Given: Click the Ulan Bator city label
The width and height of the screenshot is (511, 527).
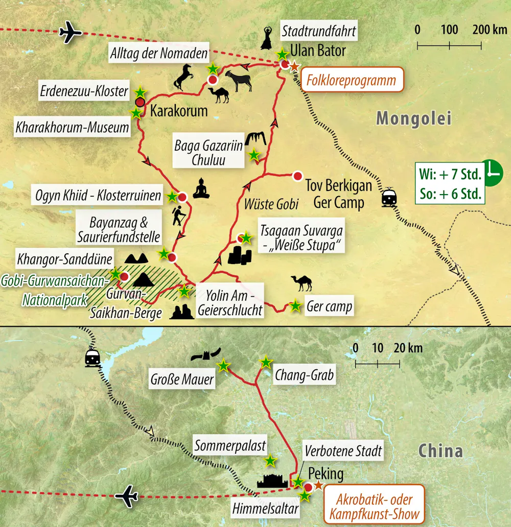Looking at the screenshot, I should pos(318,51).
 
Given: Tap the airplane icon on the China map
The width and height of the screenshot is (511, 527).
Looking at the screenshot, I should pos(126,495).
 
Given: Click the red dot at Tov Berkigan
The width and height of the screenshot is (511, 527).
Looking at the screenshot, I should pos(297,176).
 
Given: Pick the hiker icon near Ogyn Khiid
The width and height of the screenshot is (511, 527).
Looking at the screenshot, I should pos(178,216).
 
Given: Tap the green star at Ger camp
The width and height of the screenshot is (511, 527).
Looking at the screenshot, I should pos(295,306).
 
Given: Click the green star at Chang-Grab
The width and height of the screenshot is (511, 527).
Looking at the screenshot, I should pos(266,363).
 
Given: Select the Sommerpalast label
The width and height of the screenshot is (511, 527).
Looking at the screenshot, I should pos(230,446).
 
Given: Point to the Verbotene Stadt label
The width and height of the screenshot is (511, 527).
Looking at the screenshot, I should pos(343,451).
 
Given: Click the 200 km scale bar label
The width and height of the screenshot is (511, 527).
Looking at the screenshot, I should pos(490,29).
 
